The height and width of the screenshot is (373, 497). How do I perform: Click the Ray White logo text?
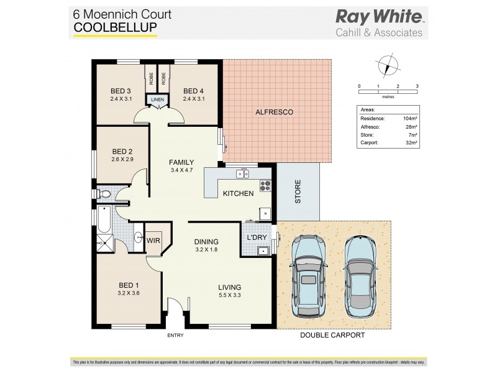[x=378, y=17]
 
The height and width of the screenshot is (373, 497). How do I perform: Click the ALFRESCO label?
[x=274, y=112]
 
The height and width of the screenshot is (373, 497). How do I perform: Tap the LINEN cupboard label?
[x=157, y=99]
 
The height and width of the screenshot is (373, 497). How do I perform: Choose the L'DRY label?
[x=257, y=237]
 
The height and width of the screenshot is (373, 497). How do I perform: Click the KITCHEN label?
[x=238, y=193]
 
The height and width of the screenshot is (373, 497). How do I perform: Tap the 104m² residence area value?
[x=409, y=118]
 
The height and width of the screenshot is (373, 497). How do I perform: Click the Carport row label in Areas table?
[x=371, y=142]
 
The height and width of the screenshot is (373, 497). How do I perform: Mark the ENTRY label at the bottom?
[x=176, y=336]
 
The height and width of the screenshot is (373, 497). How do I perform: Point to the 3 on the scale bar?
[x=417, y=86]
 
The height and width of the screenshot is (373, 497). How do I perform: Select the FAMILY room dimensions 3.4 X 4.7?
[x=181, y=170]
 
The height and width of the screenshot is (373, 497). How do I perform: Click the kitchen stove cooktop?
[x=265, y=184]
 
